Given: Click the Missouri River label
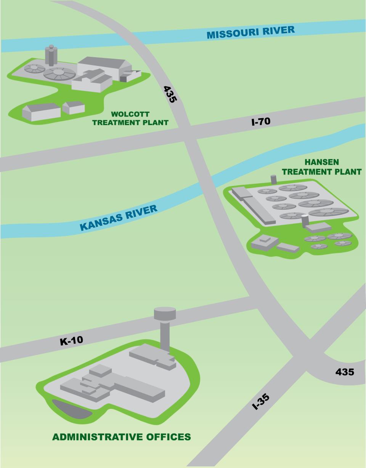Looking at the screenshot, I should (x=250, y=32).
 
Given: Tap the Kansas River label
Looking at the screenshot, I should (x=118, y=218).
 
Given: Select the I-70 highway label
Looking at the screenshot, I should (x=261, y=122).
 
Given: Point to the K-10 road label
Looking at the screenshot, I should (x=71, y=340).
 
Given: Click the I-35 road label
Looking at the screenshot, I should (x=261, y=401).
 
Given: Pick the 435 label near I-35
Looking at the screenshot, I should (x=344, y=372).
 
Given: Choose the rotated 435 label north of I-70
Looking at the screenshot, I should (x=170, y=94).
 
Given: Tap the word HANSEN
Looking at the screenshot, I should (x=321, y=162).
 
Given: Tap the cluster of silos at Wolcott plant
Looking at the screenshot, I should (x=51, y=56).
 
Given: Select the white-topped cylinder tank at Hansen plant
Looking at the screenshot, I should (x=305, y=221).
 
